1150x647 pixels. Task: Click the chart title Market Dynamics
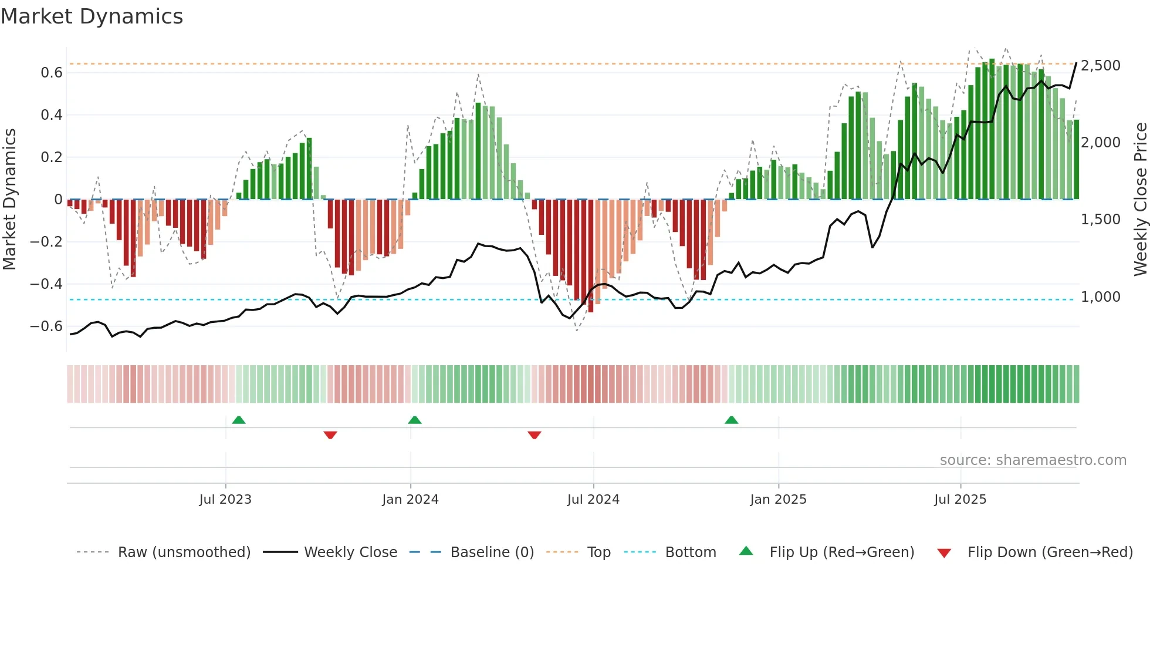(x=92, y=16)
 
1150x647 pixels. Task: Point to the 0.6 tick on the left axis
(x=51, y=73)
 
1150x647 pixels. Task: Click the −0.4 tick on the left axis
(x=46, y=284)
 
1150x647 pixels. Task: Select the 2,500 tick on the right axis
(x=1100, y=65)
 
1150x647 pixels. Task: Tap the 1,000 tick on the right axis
(x=1100, y=297)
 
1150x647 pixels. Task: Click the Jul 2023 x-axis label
(x=225, y=500)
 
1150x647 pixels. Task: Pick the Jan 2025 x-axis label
(x=778, y=500)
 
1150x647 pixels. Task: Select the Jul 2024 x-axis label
(x=593, y=500)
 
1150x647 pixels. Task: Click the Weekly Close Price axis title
(x=1140, y=199)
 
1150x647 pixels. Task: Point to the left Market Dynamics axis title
(x=9, y=199)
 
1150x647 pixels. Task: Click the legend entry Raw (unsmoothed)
(x=184, y=552)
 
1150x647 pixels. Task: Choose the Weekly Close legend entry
(x=350, y=552)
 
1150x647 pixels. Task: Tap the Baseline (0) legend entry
(x=492, y=552)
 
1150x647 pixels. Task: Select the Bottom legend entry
(x=690, y=552)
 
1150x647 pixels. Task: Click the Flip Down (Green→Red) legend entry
(x=1050, y=552)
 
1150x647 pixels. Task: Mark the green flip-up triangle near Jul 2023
(x=239, y=420)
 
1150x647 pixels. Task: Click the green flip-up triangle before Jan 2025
(x=731, y=420)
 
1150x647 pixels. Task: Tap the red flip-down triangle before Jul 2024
(x=534, y=435)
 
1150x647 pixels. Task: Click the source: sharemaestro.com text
(x=1033, y=460)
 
